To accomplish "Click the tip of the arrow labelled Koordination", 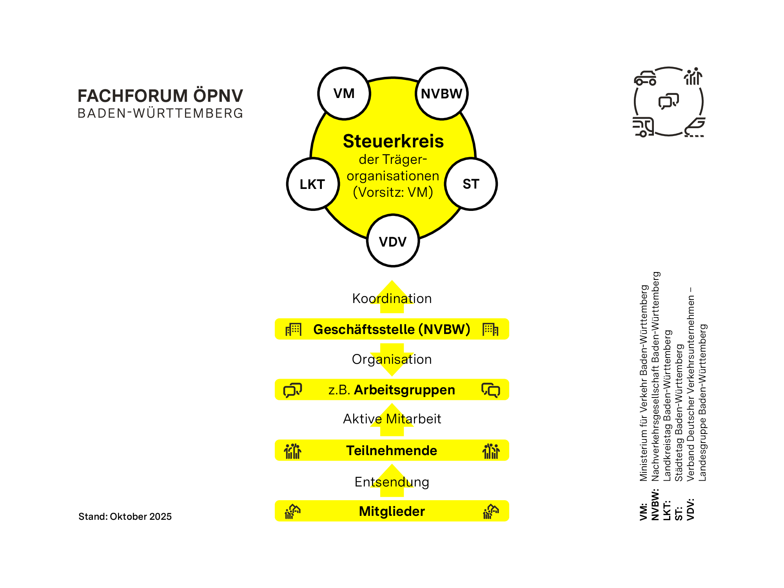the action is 392,281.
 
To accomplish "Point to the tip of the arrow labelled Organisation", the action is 392,376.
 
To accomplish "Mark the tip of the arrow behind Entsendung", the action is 392,465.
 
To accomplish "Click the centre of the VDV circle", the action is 393,241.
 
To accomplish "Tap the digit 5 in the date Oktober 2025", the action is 169,517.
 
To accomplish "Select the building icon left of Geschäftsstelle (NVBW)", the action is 293,329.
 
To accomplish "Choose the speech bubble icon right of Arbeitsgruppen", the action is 491,390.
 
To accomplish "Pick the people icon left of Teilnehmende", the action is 293,451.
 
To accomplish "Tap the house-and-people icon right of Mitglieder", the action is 491,512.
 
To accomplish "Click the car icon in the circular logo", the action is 645,78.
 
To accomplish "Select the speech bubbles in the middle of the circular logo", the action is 669,102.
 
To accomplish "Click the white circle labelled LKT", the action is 313,184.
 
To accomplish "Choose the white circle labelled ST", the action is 471,184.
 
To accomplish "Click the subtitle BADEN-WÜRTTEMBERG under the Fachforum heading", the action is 160,113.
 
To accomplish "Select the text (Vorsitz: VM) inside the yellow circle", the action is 393,192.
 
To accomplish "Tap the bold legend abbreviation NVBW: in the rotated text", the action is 655,505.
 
